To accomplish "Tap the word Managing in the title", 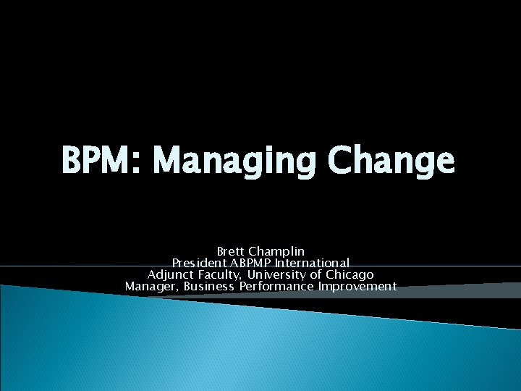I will point(235,161).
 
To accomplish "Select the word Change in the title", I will point(391,161).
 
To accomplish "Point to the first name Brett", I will point(231,251).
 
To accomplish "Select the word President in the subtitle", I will point(198,263).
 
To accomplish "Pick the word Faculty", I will point(220,274).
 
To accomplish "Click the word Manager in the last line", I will point(151,286).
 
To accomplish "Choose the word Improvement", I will point(357,286).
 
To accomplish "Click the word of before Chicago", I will point(316,274).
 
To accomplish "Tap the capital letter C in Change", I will point(342,161).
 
